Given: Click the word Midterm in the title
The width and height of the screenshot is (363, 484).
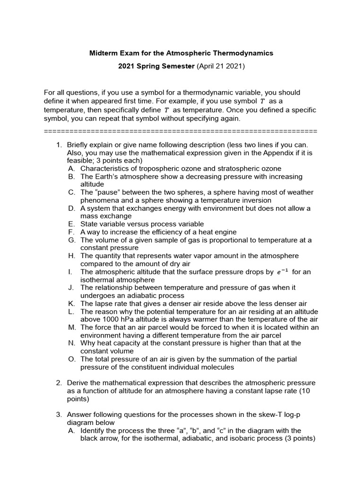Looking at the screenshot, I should click(103, 53).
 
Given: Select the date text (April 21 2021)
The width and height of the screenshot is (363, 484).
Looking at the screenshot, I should click(220, 67).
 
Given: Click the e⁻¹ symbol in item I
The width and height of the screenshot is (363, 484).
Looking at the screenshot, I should click(282, 272).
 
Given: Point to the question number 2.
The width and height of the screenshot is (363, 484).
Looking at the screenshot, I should click(59, 382).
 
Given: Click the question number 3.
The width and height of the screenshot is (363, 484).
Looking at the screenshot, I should click(59, 415).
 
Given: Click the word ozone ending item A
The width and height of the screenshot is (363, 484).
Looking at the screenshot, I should click(271, 168).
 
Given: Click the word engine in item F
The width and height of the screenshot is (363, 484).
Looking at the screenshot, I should click(226, 232).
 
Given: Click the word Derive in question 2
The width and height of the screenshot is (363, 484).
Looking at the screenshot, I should click(78, 382).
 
